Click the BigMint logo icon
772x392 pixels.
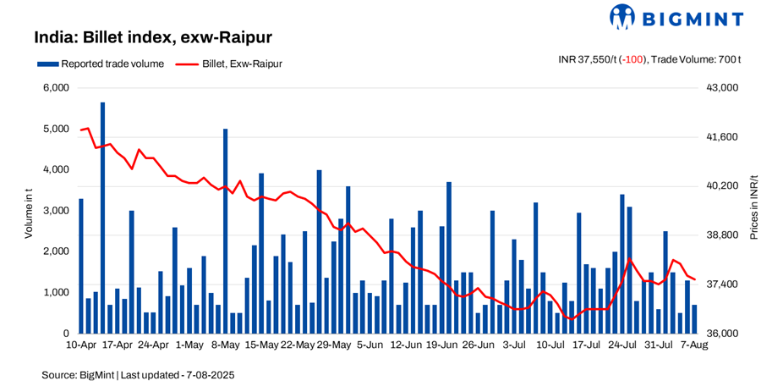pos(621,17)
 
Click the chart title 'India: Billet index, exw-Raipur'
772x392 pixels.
pos(152,38)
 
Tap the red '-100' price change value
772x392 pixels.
pos(634,59)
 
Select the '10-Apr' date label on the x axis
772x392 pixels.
pos(81,345)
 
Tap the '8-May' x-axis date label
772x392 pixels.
pos(226,345)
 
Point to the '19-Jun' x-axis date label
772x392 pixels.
pos(442,345)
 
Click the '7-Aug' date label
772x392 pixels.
pos(694,345)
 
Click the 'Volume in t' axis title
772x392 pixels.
pos(28,211)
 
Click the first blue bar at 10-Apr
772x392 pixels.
pos(81,266)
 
